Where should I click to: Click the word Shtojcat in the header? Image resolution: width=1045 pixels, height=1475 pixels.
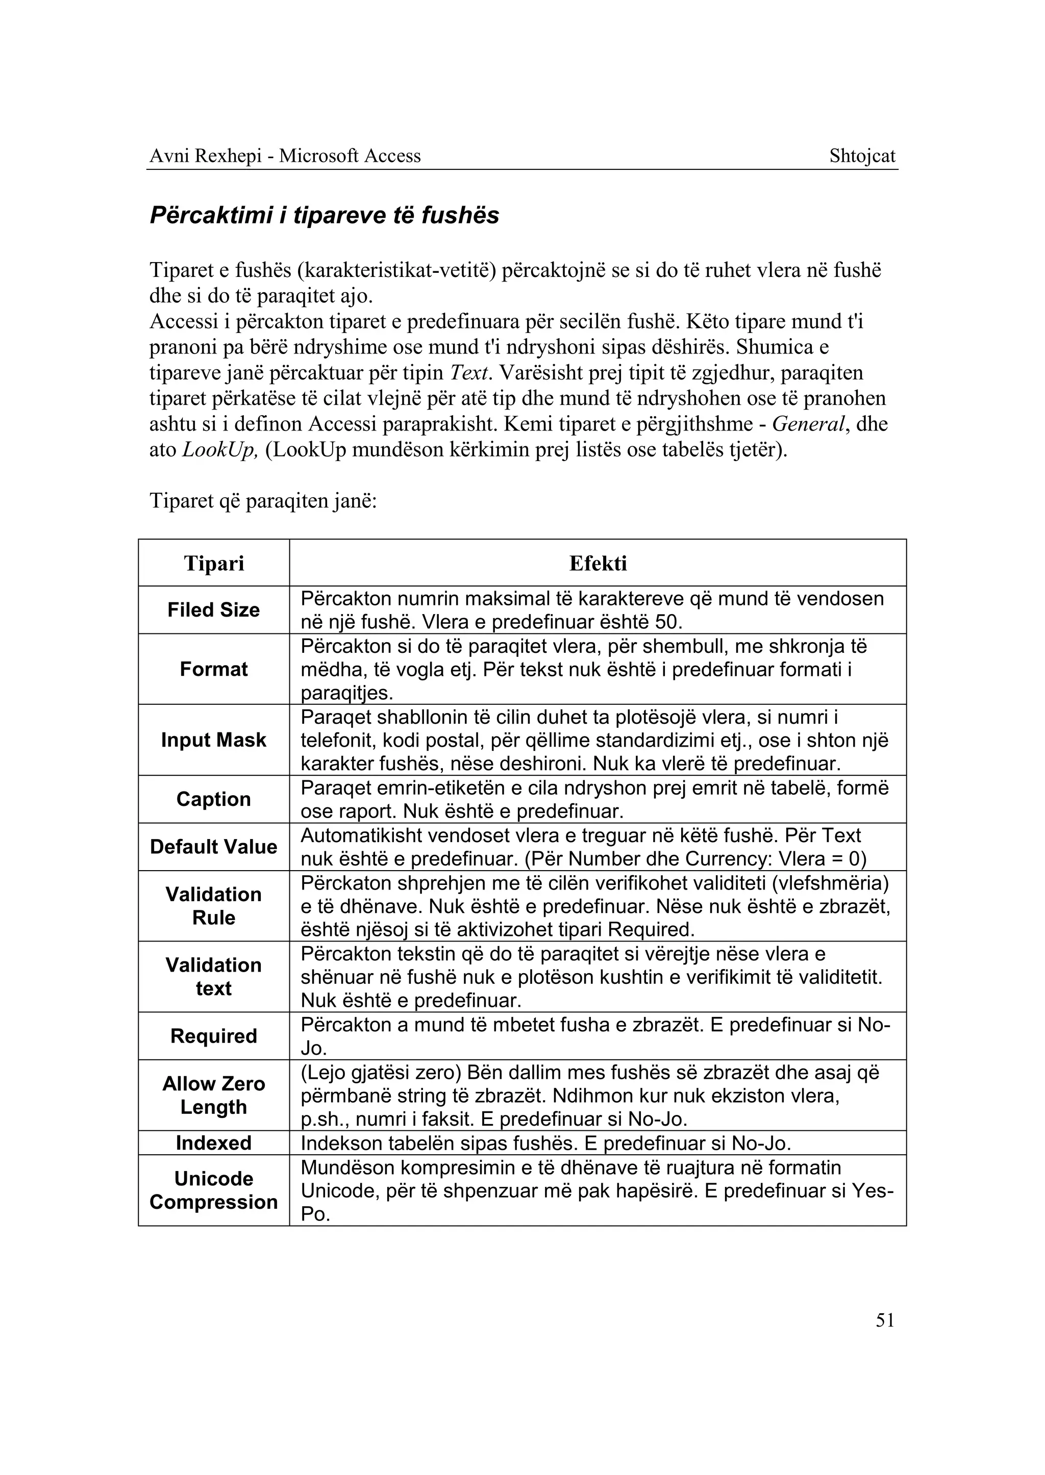click(x=862, y=156)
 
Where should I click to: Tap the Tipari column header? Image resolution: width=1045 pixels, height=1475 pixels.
click(x=214, y=563)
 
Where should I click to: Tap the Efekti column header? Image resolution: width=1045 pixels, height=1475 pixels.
click(x=598, y=563)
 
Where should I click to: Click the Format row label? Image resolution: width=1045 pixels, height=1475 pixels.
click(x=214, y=669)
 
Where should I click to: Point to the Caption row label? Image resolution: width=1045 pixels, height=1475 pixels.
click(x=214, y=799)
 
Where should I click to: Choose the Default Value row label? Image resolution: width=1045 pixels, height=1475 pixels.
click(x=214, y=847)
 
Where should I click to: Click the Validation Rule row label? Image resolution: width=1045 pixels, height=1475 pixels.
click(x=214, y=906)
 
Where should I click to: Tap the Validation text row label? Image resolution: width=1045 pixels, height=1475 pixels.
click(x=214, y=977)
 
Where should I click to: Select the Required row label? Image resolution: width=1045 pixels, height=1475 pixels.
click(x=214, y=1036)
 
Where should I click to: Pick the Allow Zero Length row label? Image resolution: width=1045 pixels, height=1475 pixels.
click(x=214, y=1095)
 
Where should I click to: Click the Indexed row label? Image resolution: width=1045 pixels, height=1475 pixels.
click(x=214, y=1142)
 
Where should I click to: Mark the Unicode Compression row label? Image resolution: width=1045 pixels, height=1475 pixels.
click(x=214, y=1190)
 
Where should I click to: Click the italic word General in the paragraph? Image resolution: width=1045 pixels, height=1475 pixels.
click(x=808, y=424)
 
